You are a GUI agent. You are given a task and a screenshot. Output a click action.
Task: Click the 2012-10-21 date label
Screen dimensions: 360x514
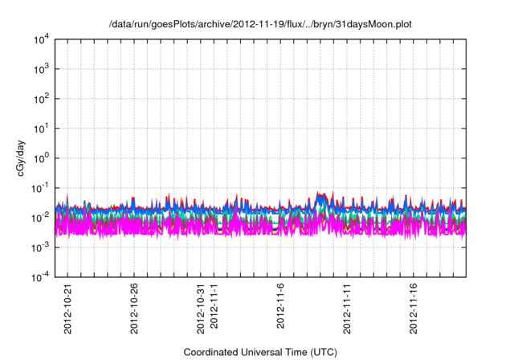(x=67, y=309)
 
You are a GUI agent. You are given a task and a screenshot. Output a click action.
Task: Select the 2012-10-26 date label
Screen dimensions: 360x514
(x=134, y=309)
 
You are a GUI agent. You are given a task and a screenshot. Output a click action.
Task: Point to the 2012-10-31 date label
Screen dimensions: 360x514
(x=201, y=309)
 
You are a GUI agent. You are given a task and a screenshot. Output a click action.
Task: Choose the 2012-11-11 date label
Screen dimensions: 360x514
(x=348, y=309)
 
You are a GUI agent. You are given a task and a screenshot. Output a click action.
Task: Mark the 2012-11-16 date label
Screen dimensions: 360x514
(x=414, y=309)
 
